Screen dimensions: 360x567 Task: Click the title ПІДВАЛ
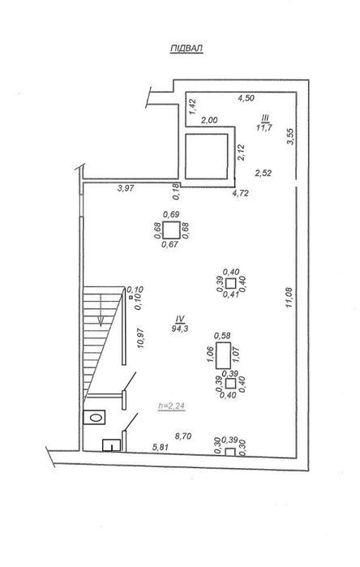coord(186,49)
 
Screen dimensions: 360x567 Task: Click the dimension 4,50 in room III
coord(246,97)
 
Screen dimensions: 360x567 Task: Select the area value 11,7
coord(264,127)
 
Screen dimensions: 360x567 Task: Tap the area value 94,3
coord(180,329)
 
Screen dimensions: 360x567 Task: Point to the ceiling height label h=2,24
coord(171,406)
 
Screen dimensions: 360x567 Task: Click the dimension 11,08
coord(289,298)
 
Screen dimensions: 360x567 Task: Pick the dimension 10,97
coord(140,337)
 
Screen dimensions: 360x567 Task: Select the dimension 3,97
coord(126,188)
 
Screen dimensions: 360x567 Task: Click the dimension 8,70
coord(183,436)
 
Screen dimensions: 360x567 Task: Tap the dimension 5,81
coord(161,447)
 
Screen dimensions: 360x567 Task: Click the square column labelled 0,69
coord(171,230)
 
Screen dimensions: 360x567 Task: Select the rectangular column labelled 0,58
coord(223,355)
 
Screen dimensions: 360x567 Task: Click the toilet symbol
coord(94,417)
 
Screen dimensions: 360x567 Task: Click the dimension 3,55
coord(290,137)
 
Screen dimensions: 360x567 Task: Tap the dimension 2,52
coord(264,174)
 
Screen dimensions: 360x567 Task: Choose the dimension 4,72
coord(240,193)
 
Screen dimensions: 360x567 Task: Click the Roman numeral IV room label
coord(180,319)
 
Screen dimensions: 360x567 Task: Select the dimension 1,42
coord(193,107)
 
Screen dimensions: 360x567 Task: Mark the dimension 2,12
coord(241,152)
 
